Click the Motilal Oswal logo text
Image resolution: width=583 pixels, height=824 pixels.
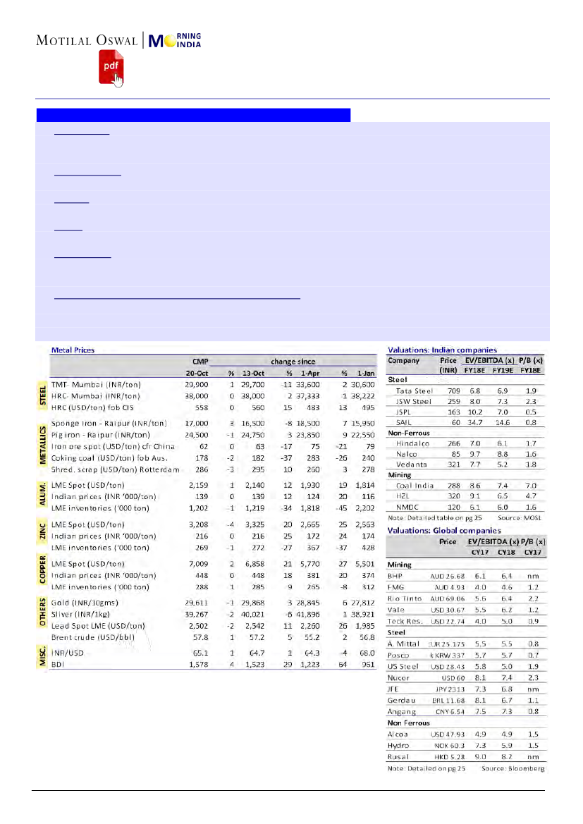tap(88, 41)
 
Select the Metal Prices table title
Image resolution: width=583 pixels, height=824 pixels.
tap(73, 350)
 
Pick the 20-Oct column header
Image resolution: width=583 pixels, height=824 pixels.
tap(195, 373)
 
